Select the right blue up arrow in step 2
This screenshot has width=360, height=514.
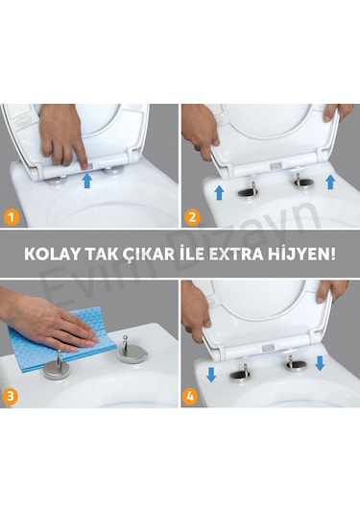tap(329, 180)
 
